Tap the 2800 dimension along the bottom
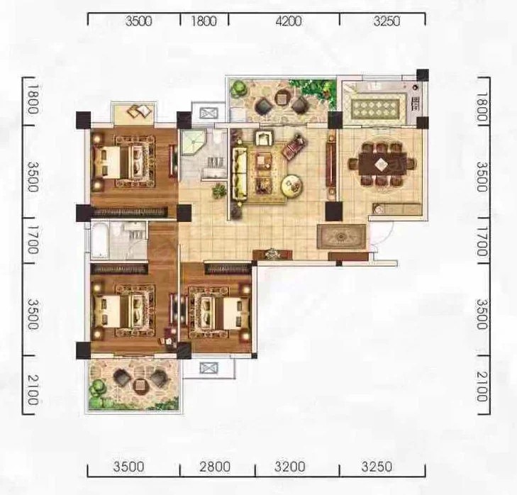215,467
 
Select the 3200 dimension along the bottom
289,467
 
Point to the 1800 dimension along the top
204,21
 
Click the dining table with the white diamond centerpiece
382,164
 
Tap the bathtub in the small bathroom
99,240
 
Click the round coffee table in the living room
292,186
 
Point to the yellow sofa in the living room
240,174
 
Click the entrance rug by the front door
341,236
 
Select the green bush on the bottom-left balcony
98,386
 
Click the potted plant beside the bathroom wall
219,191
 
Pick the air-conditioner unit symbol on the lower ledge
209,368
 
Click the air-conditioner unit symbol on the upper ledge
209,113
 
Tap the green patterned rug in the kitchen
375,107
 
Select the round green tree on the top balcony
238,88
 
